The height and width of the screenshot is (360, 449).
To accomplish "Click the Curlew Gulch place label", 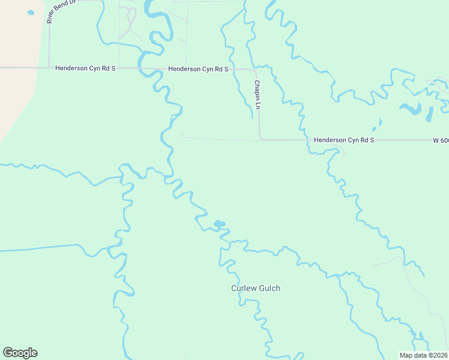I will click(256, 288).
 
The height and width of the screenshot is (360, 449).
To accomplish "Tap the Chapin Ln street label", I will click(257, 95).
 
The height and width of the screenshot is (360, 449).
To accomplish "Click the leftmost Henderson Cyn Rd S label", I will click(85, 68).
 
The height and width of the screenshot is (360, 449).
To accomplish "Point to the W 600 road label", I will click(440, 140).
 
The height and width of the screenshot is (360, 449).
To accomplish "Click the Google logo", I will click(20, 353).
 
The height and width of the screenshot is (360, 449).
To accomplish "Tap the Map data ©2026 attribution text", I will click(423, 355).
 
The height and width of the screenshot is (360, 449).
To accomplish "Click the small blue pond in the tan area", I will click(30, 12).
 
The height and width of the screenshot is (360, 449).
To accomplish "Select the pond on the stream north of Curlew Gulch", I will click(219, 224).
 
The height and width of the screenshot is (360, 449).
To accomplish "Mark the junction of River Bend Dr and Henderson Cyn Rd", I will click(49, 68).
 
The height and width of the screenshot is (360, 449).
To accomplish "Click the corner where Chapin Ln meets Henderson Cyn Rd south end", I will click(260, 139).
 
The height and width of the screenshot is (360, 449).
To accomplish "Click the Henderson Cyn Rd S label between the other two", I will click(198, 69).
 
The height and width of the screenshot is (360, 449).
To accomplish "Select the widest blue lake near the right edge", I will click(412, 109).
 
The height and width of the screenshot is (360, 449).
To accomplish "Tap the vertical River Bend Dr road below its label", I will click(49, 45).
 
